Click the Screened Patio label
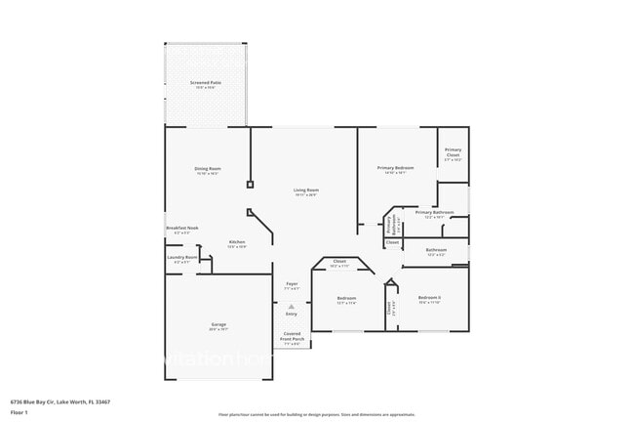pyautogui.click(x=205, y=83)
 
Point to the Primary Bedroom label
pyautogui.click(x=396, y=169)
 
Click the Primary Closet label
pyautogui.click(x=453, y=152)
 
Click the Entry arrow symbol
pyautogui.click(x=291, y=306)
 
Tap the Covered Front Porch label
pyautogui.click(x=293, y=336)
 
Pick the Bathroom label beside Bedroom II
pyautogui.click(x=436, y=250)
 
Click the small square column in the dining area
pyautogui.click(x=250, y=183)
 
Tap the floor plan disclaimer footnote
pyautogui.click(x=316, y=414)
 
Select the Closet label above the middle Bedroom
pyautogui.click(x=339, y=261)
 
